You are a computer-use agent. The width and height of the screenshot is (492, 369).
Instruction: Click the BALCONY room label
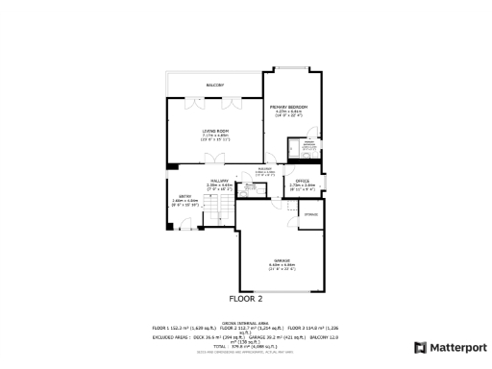pyautogui.click(x=214, y=86)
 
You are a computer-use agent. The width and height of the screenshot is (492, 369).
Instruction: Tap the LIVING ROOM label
pyautogui.click(x=214, y=131)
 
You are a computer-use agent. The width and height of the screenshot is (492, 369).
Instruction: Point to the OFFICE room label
pyautogui.click(x=303, y=180)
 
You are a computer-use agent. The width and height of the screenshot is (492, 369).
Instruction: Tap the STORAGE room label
pyautogui.click(x=311, y=214)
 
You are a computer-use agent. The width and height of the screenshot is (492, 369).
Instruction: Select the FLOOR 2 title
pyautogui.click(x=246, y=299)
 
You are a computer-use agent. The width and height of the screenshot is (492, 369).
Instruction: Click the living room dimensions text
pyautogui.click(x=214, y=136)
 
